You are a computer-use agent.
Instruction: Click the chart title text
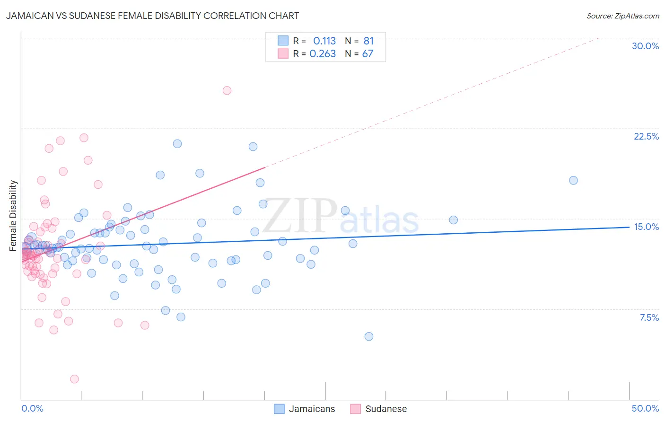[152, 16]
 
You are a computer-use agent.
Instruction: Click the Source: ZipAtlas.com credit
[622, 16]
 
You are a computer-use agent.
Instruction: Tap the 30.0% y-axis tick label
[645, 46]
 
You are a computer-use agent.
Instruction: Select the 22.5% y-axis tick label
[646, 136]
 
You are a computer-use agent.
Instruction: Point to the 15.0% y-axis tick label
[646, 227]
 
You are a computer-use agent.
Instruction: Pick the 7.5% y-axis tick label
[649, 317]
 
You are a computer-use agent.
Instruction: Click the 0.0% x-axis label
[32, 408]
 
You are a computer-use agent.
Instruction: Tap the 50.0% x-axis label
[645, 408]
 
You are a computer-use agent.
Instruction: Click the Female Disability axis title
[13, 215]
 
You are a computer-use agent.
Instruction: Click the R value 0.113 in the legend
[324, 41]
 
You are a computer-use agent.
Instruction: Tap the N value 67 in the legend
[367, 54]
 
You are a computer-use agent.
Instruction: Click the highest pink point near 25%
[227, 90]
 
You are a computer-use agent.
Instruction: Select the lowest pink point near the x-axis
[74, 379]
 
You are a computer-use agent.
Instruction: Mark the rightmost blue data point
[573, 180]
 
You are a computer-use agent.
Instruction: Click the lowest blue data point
[369, 336]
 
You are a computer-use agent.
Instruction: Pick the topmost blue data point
[177, 144]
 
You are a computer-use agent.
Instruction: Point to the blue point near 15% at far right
[453, 220]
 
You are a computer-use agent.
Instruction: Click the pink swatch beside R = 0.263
[283, 53]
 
